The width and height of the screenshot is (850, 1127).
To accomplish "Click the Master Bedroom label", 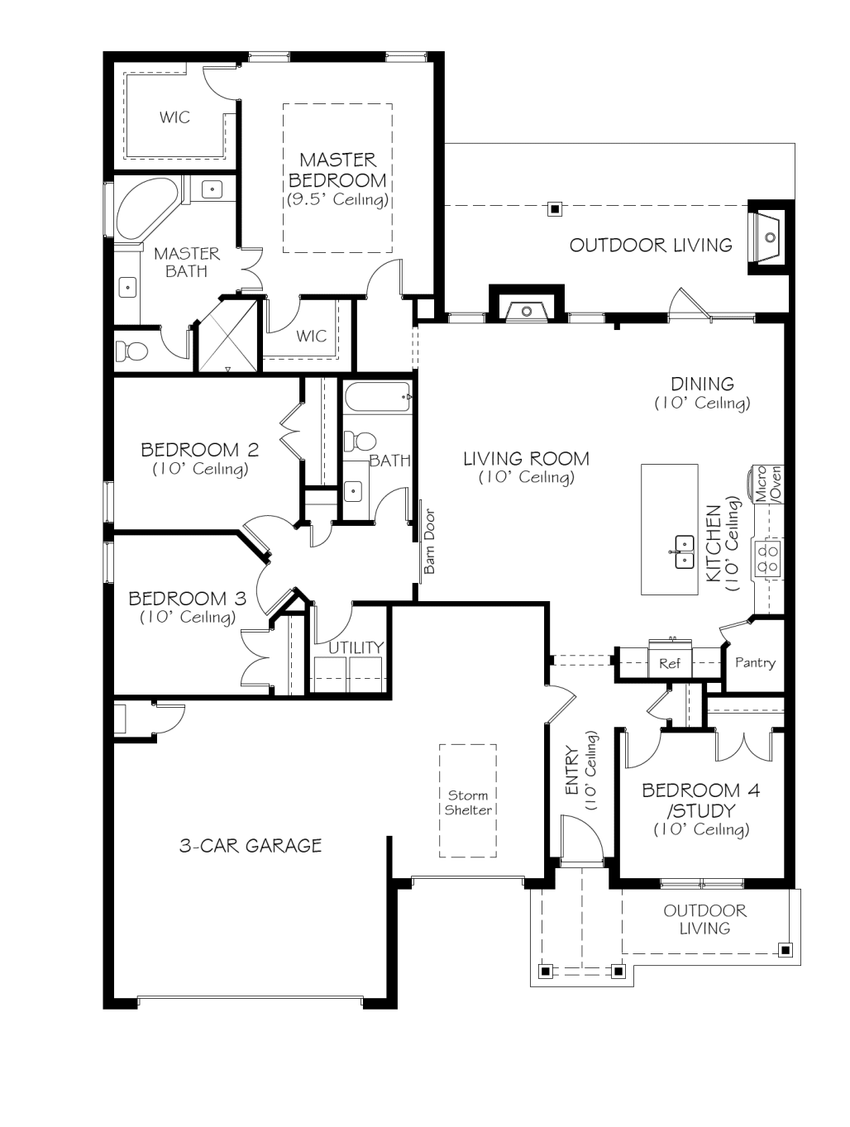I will coord(337,170).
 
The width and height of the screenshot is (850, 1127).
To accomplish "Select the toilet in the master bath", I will coord(130,351).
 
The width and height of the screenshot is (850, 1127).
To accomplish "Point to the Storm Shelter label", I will coord(468,802).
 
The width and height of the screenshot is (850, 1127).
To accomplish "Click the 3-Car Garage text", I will coord(251,845).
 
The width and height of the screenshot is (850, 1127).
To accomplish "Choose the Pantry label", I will coord(755,662).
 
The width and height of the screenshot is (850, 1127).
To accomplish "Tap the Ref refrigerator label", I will coord(670,663).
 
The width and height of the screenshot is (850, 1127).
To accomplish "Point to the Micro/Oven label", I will coord(768,483).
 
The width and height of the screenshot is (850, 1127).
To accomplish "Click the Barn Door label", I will coord(429,541).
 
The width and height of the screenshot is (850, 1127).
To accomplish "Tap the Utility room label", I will coord(356,647).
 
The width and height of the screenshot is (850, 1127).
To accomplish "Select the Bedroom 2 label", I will coord(200,450).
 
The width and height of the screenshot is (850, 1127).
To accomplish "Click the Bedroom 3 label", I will coord(188,598).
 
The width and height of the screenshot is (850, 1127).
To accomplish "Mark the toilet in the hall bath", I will coord(361,442).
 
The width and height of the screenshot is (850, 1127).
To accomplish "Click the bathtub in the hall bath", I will coord(377,397).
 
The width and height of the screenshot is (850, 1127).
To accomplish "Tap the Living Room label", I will coord(526,458).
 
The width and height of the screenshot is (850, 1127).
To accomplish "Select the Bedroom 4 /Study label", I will coord(701,800).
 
